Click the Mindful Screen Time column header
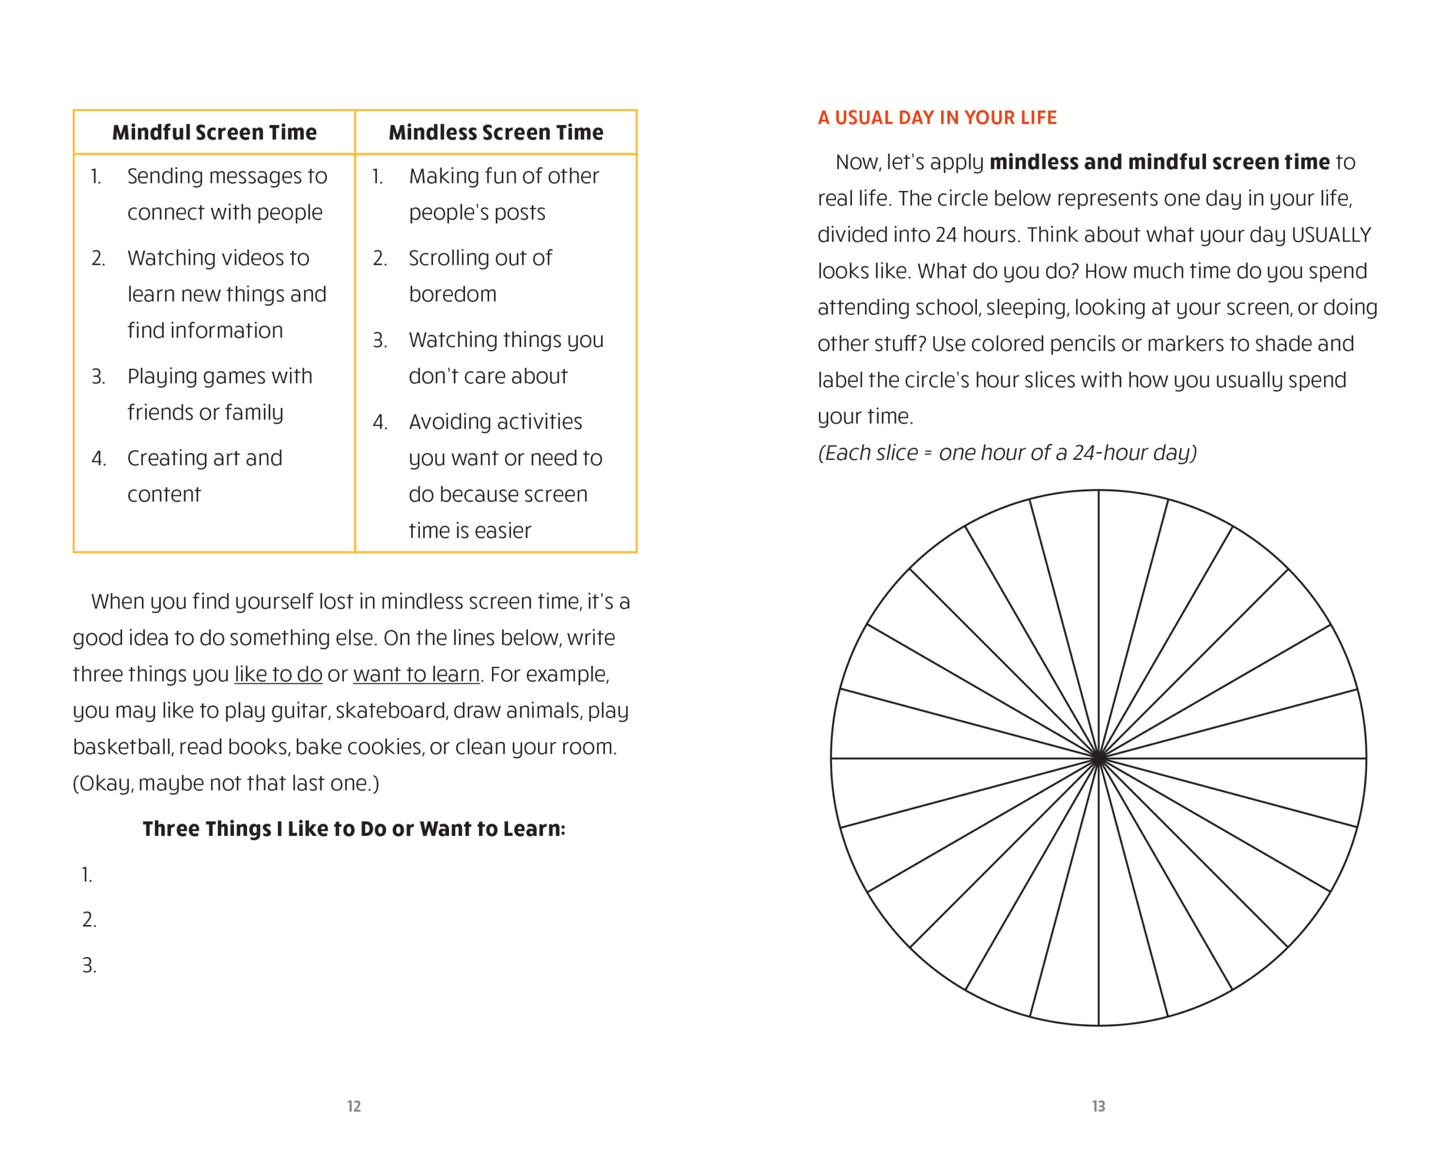(215, 132)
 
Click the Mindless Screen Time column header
(496, 132)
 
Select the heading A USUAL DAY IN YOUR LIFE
(937, 118)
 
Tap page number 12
(354, 1106)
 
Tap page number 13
(1098, 1106)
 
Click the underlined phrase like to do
(278, 674)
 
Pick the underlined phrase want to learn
(416, 674)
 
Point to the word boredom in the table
(452, 295)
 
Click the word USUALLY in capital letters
(1331, 235)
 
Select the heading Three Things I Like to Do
(354, 829)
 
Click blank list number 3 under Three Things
(89, 965)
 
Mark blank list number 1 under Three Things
(87, 875)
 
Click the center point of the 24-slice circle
(1098, 759)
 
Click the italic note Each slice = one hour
(1007, 453)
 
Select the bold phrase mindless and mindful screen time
(1159, 162)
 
